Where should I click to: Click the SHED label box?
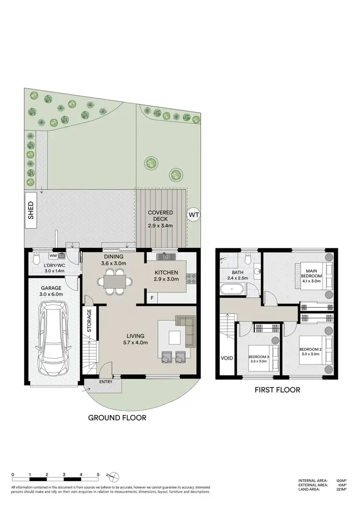tap(31, 210)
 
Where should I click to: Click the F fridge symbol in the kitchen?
tap(153, 298)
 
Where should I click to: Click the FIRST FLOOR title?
tap(277, 390)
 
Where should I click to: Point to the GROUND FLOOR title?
tap(117, 418)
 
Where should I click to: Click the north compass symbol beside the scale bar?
tap(113, 476)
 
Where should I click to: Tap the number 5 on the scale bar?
tap(98, 474)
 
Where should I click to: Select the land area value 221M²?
tap(342, 490)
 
